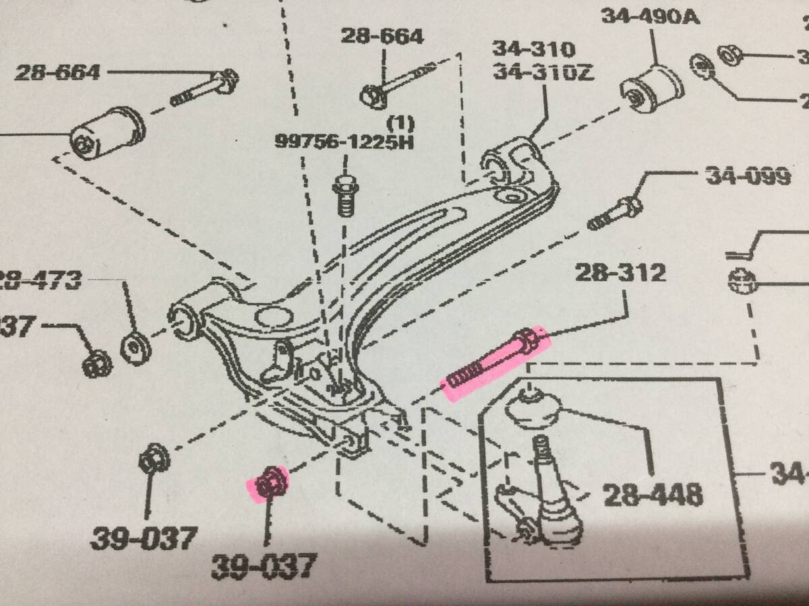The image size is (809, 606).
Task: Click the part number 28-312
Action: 620,273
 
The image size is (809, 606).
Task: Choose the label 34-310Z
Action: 543,71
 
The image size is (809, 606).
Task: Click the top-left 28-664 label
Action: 59,71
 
